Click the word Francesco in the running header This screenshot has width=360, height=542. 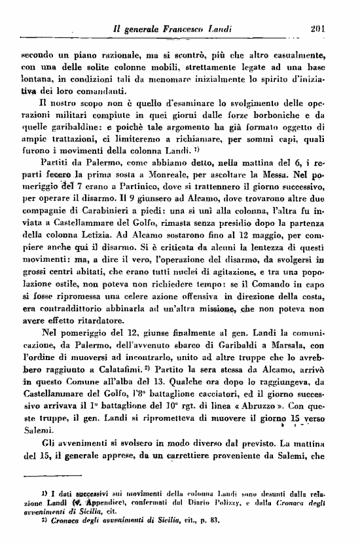[x=189, y=29]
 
